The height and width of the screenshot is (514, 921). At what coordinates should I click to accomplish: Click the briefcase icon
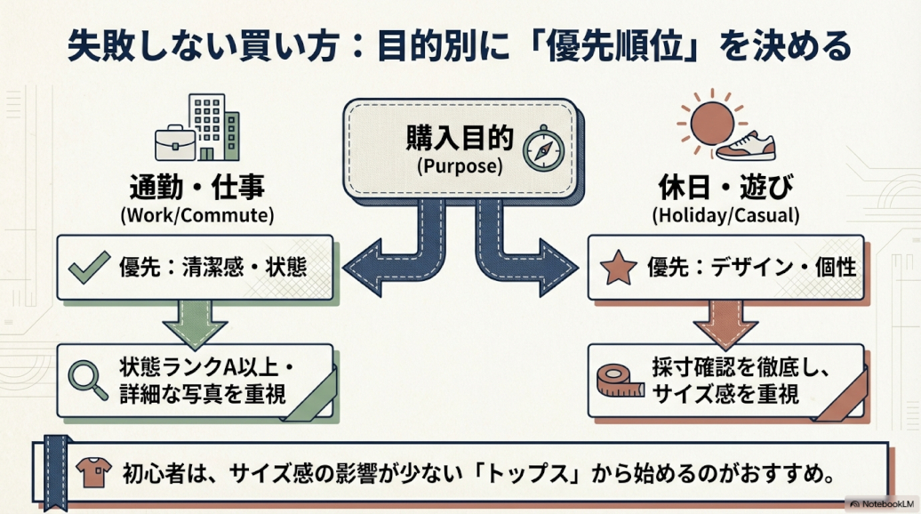(x=175, y=142)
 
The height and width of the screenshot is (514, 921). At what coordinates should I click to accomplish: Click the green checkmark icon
(x=90, y=268)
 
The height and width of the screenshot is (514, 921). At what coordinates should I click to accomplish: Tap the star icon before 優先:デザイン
(x=617, y=268)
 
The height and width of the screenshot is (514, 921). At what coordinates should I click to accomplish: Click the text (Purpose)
(x=459, y=165)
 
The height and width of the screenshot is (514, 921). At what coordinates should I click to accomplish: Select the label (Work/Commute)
(x=196, y=215)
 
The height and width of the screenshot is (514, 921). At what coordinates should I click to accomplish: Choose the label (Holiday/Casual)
(x=725, y=215)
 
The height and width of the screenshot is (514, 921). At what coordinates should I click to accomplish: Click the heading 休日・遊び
(x=725, y=189)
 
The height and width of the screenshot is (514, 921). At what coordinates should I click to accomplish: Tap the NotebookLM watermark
(x=880, y=503)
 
